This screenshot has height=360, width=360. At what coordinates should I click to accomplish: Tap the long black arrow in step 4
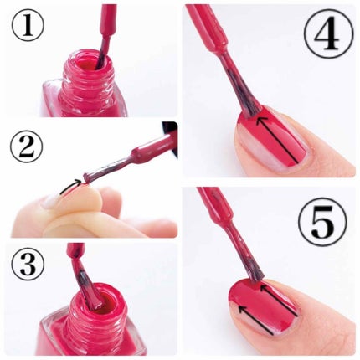click(x=277, y=140)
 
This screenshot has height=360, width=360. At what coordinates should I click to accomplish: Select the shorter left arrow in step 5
click(x=256, y=320)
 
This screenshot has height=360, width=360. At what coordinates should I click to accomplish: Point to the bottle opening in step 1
click(x=87, y=64)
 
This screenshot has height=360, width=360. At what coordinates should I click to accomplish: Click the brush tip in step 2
click(x=86, y=178)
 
